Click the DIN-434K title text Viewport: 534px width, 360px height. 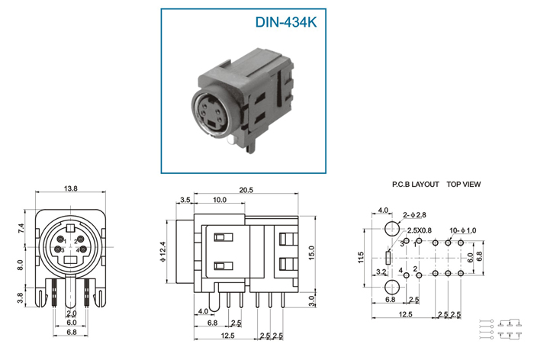point(286,22)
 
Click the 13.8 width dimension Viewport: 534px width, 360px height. point(70,188)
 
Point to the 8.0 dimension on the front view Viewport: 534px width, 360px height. point(21,265)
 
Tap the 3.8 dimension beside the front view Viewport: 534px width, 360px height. point(21,297)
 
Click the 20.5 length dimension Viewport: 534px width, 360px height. point(246,190)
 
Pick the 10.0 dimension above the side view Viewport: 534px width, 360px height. point(220,200)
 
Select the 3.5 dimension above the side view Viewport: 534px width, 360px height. point(185,200)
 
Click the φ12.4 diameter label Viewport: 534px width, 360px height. point(162,252)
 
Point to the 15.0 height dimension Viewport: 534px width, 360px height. point(311,252)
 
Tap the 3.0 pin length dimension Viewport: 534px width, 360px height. point(311,301)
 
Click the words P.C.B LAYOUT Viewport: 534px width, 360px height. point(416,185)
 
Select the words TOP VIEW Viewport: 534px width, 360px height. point(464,185)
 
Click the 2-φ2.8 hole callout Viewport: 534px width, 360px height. point(414,215)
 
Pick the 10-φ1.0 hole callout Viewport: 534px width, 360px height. point(463,230)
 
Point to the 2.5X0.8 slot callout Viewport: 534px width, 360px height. point(420,230)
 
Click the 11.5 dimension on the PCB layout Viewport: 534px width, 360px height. point(362,258)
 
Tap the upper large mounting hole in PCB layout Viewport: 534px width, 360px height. point(392,228)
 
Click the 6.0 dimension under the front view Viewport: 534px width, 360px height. point(72,322)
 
